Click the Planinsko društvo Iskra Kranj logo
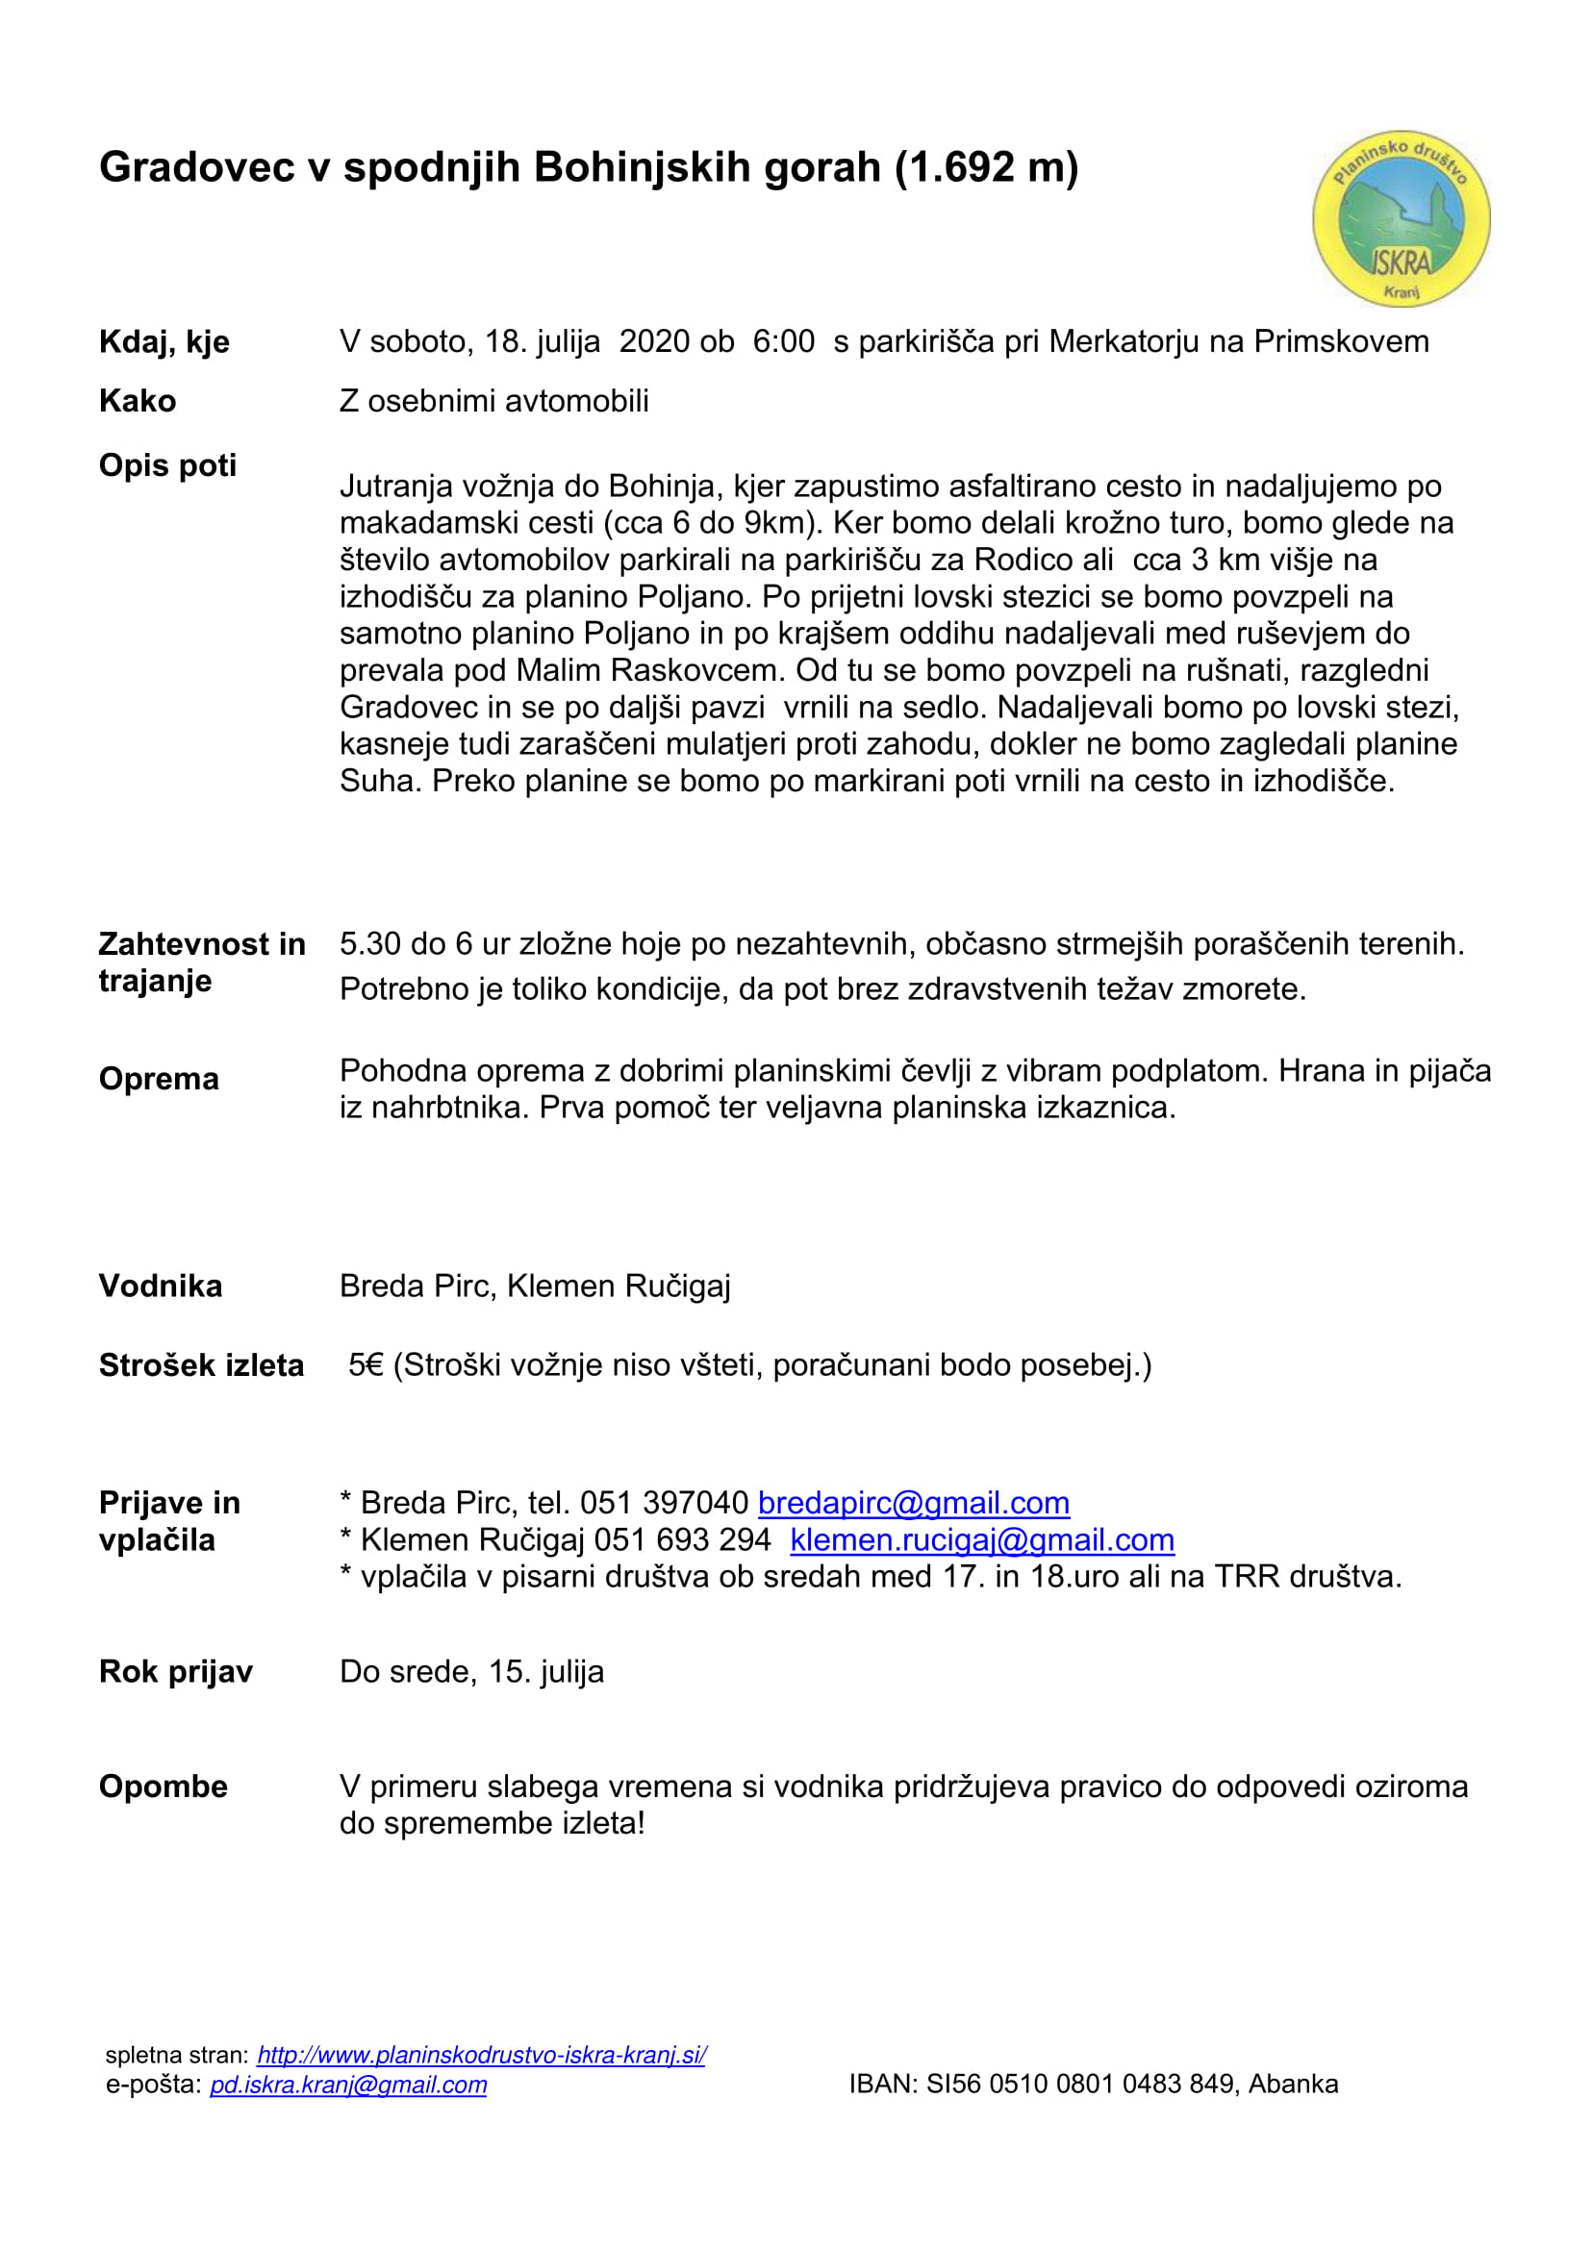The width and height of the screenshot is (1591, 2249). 1401,218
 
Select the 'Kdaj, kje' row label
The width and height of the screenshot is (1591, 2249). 164,342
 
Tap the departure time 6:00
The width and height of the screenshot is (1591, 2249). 784,342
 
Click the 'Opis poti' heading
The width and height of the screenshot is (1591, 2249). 167,465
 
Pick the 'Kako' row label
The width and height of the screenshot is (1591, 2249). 138,401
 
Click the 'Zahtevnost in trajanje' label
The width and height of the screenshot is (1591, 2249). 202,962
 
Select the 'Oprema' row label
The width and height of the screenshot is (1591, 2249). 159,1079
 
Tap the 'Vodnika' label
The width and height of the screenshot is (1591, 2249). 161,1287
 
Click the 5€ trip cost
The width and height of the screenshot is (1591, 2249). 366,1365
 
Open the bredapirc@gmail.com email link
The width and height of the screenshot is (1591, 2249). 913,1503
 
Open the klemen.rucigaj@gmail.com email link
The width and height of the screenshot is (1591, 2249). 982,1539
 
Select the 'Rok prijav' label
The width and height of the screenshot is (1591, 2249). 175,1671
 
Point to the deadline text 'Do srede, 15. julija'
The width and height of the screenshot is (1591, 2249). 471,1671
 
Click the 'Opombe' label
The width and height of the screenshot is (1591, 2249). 163,1786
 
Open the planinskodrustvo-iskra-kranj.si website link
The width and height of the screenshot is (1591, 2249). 481,2055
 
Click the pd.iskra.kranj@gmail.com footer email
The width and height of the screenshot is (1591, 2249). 348,2085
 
